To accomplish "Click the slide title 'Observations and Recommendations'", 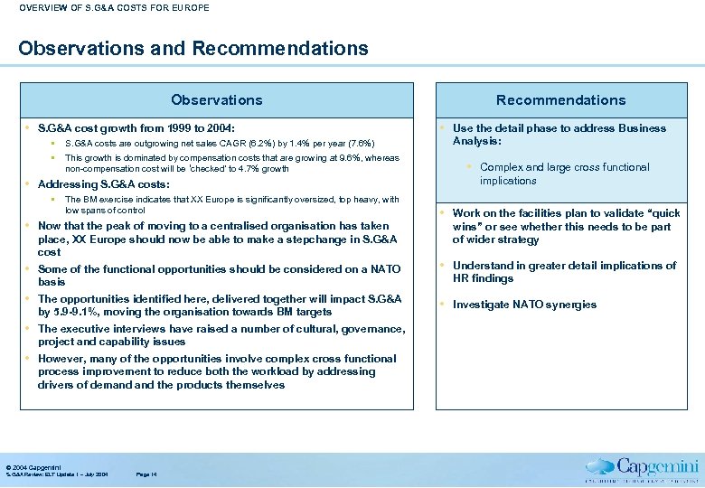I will (193, 48).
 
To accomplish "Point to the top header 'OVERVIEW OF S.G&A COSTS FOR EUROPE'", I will (114, 8).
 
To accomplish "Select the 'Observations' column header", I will (217, 100).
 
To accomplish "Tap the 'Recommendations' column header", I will (560, 100).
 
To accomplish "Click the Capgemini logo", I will (643, 469).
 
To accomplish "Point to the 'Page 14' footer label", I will (146, 474).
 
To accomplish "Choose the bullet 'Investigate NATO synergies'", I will (524, 305).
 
